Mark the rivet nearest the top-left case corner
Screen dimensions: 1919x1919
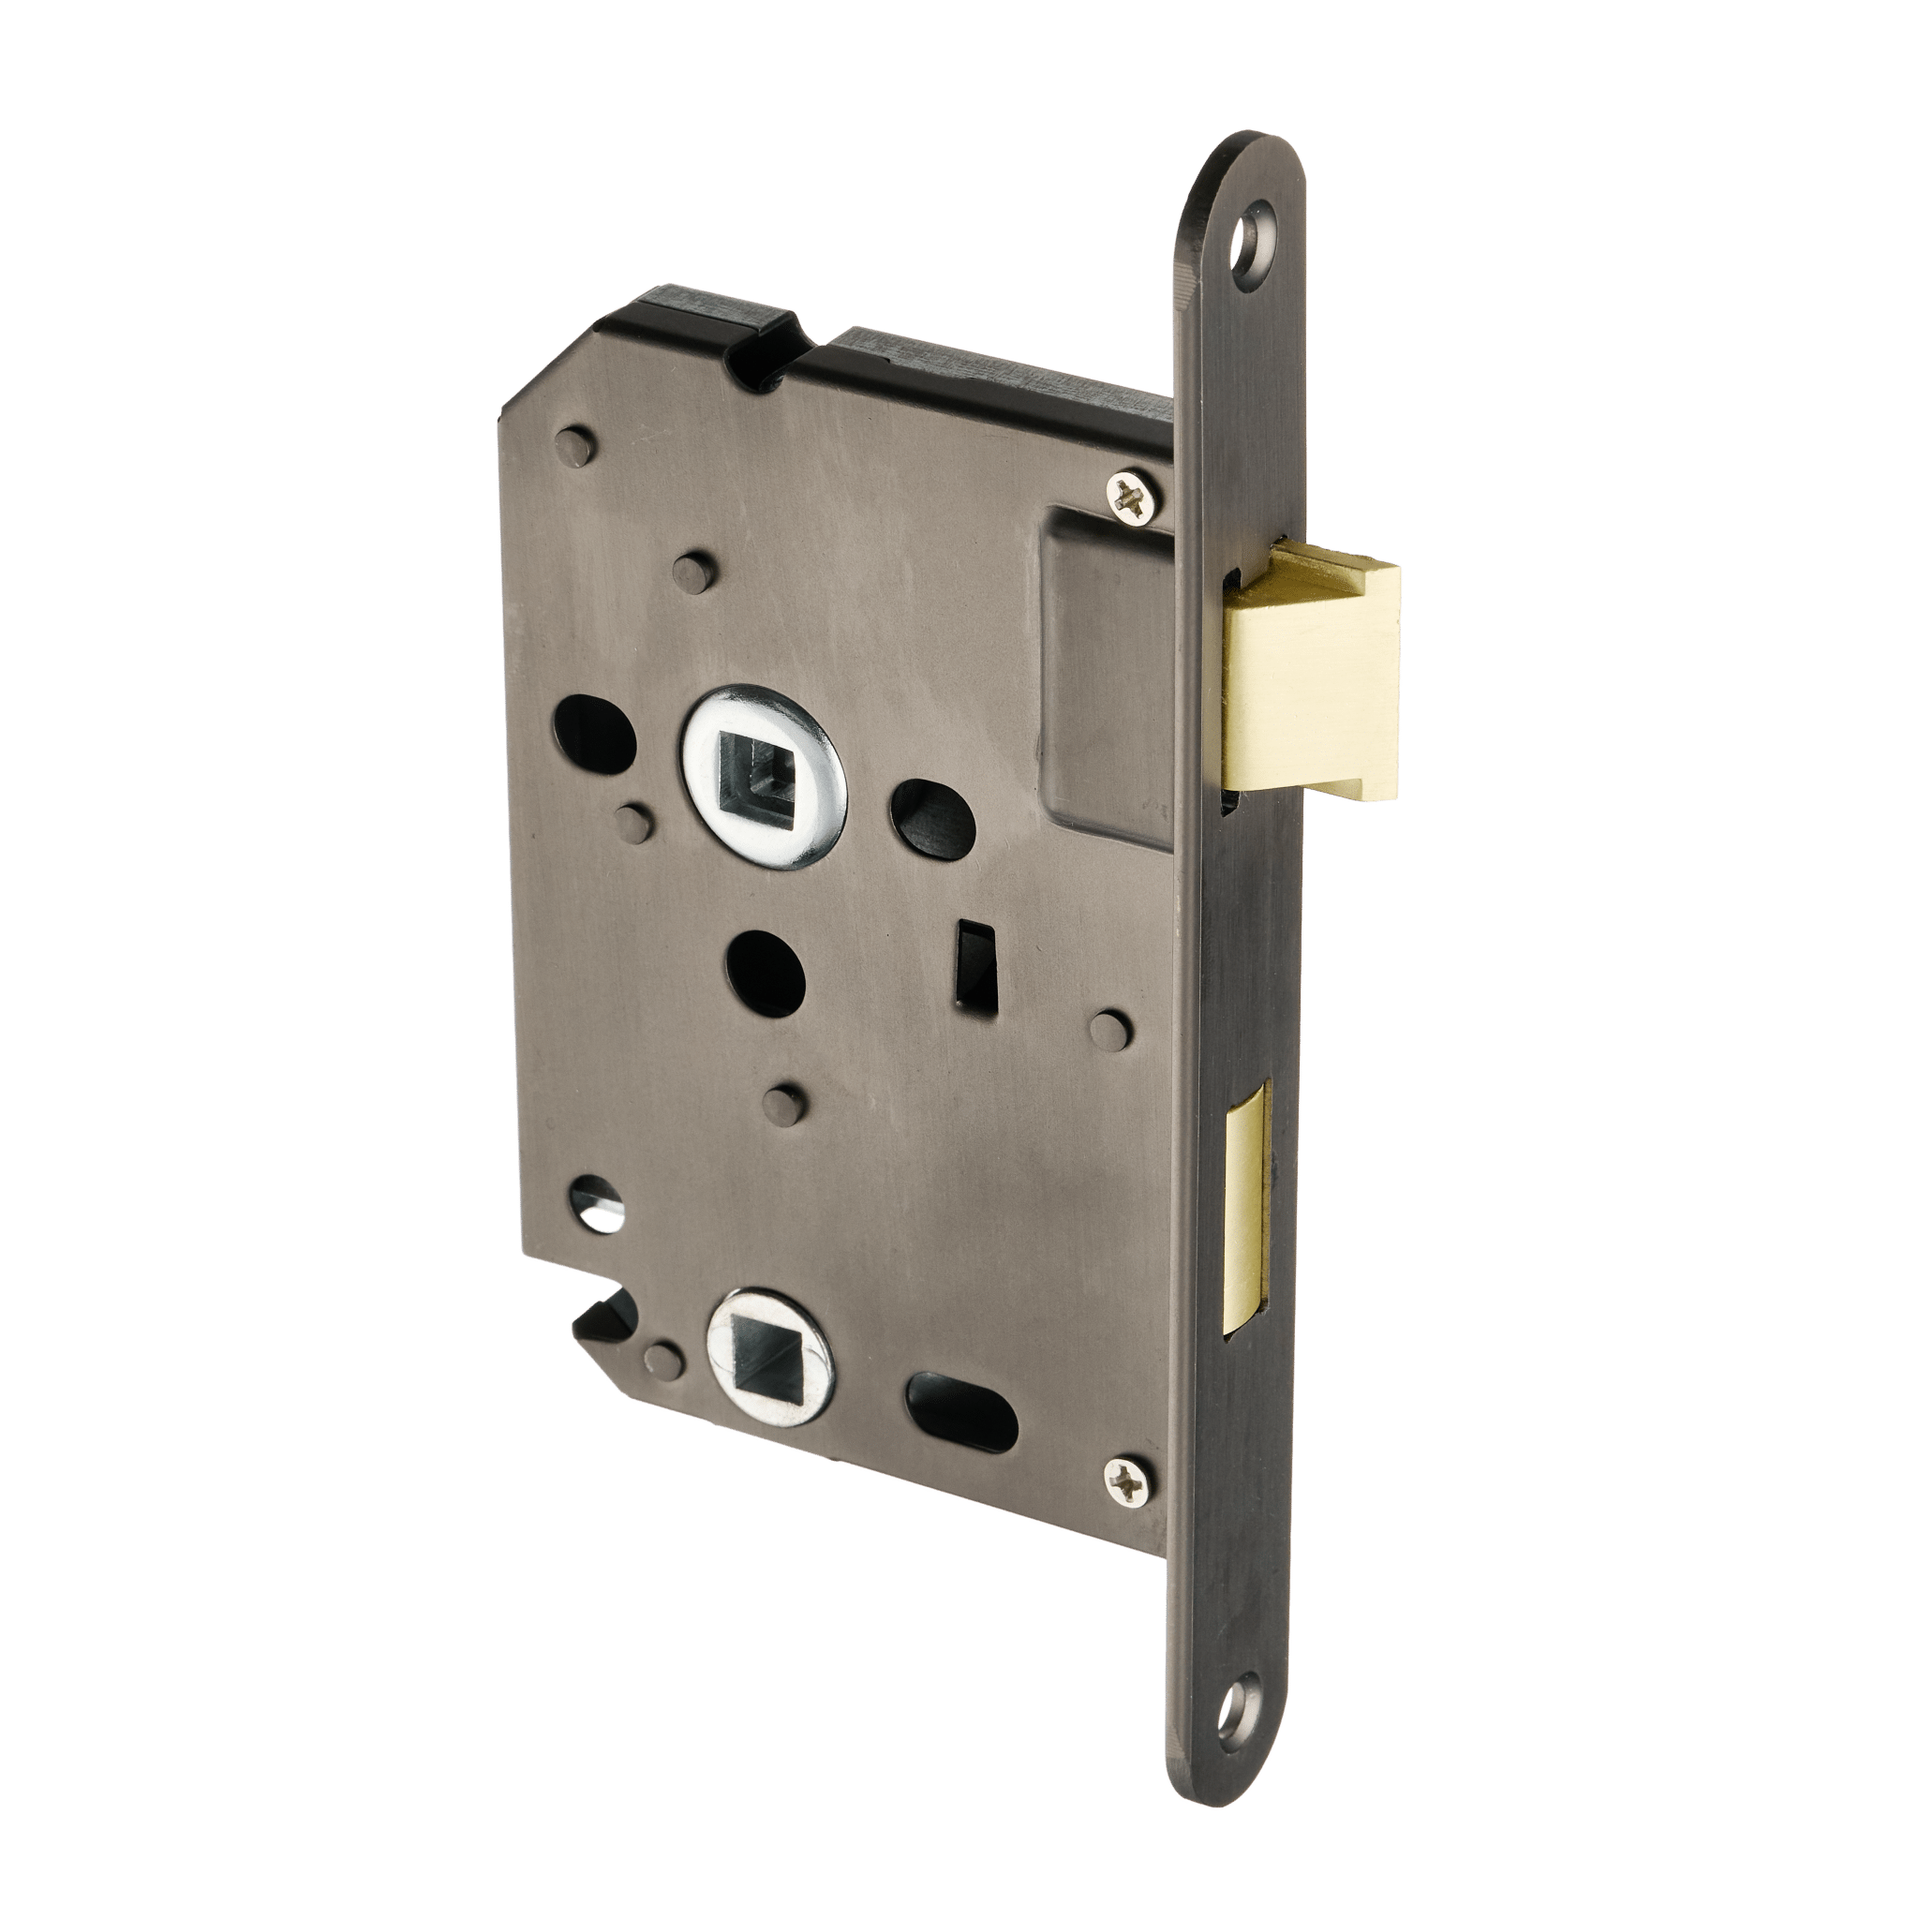click(579, 445)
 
